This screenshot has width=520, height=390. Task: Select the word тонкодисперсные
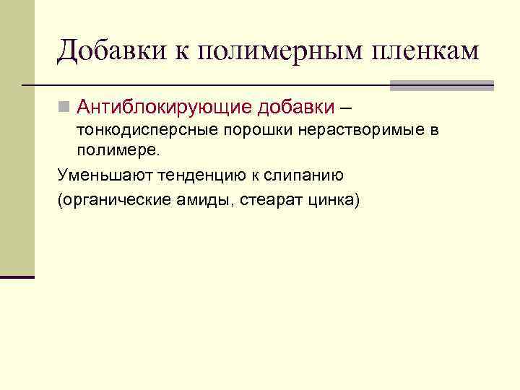pos(138,131)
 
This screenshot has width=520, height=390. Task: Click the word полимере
pos(117,152)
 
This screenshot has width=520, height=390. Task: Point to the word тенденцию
pos(189,175)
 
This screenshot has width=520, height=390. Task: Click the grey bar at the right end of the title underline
pos(442,85)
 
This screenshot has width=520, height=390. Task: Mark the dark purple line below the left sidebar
pos(17,277)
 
